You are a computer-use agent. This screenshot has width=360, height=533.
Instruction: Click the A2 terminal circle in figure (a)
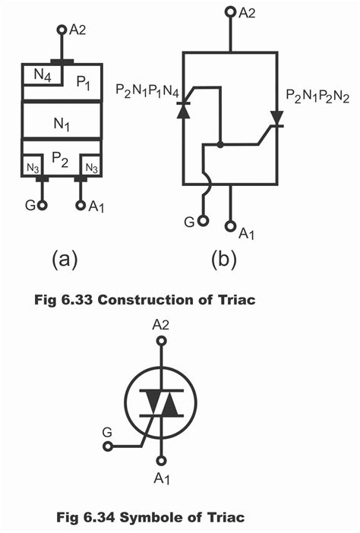point(62,30)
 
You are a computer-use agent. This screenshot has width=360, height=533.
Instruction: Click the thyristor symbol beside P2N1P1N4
point(183,111)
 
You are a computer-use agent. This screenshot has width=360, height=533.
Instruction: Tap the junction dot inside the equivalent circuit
point(219,143)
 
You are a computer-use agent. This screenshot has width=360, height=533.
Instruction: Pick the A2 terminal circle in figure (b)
point(229,13)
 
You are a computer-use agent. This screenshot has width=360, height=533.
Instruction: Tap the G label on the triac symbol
point(107,432)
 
